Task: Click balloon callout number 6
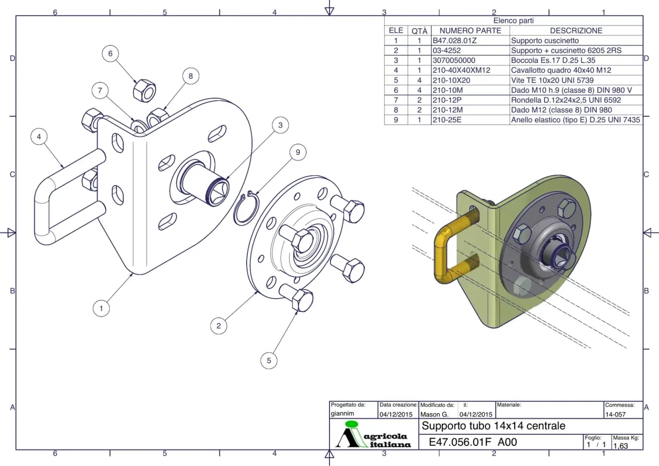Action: tap(110, 54)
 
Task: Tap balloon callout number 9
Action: tap(298, 152)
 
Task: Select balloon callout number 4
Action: tap(39, 136)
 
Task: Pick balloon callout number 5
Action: tap(269, 360)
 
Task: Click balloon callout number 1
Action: tap(101, 309)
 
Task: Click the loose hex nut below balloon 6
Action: tap(145, 90)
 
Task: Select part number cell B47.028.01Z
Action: tap(454, 41)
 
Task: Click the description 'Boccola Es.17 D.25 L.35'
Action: tap(553, 61)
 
